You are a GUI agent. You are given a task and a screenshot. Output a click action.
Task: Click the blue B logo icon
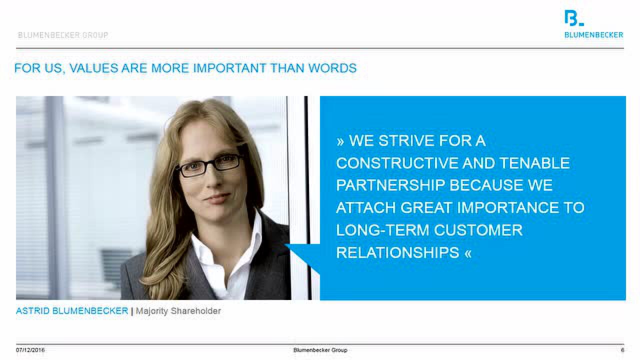[573, 18]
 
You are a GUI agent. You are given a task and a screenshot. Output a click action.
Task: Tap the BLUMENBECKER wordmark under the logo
[593, 35]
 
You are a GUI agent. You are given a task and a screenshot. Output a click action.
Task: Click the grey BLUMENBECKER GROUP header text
[63, 35]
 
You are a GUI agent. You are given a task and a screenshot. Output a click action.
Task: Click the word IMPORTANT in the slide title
[229, 68]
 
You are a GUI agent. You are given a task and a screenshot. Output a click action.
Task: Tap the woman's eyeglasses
[210, 165]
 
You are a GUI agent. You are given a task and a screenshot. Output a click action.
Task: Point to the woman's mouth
[217, 197]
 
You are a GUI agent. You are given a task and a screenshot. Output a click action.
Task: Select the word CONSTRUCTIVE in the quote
[397, 163]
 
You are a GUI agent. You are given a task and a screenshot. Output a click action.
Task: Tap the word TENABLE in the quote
[535, 163]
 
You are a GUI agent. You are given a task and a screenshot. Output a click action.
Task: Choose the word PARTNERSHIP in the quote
[390, 185]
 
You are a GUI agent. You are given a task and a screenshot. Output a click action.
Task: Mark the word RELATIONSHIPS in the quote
[397, 252]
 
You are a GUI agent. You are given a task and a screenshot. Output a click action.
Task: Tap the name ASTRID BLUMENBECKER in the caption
[72, 310]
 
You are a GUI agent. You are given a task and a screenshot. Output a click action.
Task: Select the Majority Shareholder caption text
[178, 311]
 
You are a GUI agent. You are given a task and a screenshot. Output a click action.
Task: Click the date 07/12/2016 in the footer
[30, 350]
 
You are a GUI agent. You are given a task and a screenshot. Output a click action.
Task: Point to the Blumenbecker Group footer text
[320, 350]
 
